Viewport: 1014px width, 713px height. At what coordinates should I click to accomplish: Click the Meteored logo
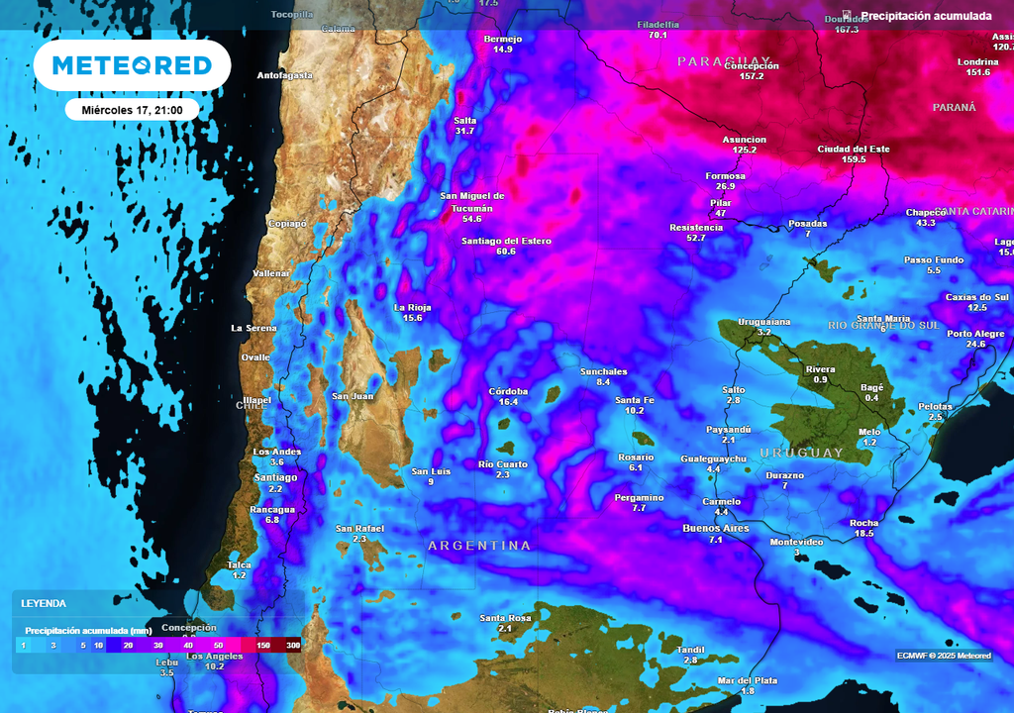pyautogui.click(x=132, y=65)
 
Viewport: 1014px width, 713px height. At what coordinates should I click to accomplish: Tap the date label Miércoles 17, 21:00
pyautogui.click(x=132, y=110)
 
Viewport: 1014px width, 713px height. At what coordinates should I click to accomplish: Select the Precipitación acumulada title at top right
pyautogui.click(x=925, y=16)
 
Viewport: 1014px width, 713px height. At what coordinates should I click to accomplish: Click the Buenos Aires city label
pyautogui.click(x=716, y=528)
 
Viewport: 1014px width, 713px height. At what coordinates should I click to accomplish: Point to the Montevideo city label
pyautogui.click(x=796, y=542)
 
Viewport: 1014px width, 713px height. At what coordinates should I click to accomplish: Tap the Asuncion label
pyautogui.click(x=745, y=140)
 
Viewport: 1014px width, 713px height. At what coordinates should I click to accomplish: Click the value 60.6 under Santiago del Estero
pyautogui.click(x=506, y=252)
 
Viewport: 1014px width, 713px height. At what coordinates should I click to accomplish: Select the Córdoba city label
pyautogui.click(x=509, y=391)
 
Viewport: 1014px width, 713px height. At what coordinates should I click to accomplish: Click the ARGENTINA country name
pyautogui.click(x=479, y=546)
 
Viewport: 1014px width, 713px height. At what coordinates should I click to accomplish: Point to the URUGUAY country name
pyautogui.click(x=801, y=453)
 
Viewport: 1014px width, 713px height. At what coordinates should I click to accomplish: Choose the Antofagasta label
pyautogui.click(x=284, y=75)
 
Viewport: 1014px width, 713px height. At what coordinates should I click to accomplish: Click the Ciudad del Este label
pyautogui.click(x=854, y=149)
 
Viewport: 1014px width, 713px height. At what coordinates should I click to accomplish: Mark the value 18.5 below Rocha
pyautogui.click(x=863, y=534)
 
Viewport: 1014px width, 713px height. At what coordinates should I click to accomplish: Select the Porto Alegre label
pyautogui.click(x=975, y=333)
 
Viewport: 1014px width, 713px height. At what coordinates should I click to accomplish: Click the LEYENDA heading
pyautogui.click(x=44, y=603)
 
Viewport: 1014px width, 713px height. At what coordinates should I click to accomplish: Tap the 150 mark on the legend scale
pyautogui.click(x=263, y=646)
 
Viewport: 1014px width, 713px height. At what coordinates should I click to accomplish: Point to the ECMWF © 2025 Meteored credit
pyautogui.click(x=943, y=655)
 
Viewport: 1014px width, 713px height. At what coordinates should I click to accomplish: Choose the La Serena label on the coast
pyautogui.click(x=254, y=328)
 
